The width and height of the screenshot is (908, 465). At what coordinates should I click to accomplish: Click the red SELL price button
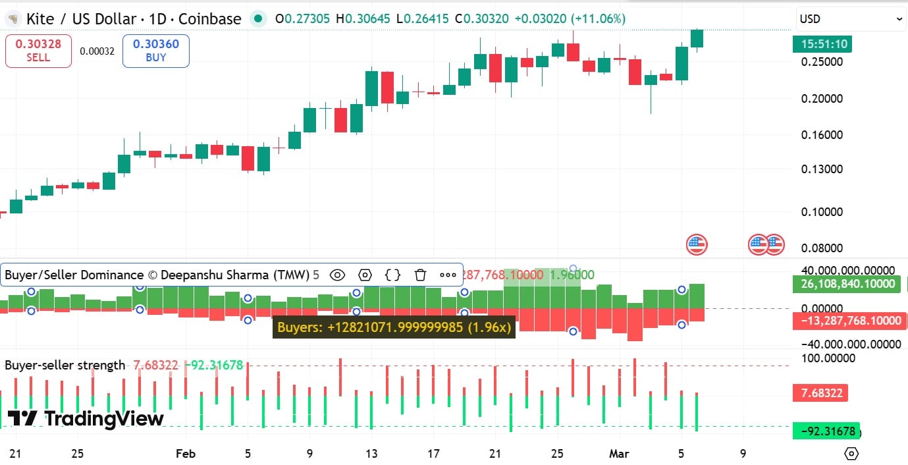pos(38,51)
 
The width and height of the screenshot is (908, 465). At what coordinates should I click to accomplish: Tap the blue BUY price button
pos(155,51)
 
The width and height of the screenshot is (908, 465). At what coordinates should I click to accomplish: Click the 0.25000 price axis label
pos(822,62)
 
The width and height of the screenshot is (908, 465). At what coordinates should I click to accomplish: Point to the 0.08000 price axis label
pos(822,248)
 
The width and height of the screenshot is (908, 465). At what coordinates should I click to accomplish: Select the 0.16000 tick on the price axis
pos(822,135)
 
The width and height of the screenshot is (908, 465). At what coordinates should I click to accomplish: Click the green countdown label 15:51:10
pos(822,45)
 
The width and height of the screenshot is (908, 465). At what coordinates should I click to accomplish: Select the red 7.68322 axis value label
pos(820,393)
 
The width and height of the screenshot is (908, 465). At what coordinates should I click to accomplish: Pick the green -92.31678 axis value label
pos(827,432)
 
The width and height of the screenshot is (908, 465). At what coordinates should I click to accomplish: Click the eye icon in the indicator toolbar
pos(337,275)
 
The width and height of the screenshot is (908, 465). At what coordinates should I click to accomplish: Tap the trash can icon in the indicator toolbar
pos(420,275)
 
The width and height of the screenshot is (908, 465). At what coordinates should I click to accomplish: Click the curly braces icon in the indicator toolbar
pos(392,275)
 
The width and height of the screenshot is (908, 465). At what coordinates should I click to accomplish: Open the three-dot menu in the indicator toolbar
pos(448,275)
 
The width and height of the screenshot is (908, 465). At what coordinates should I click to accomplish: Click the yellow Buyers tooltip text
pos(394,327)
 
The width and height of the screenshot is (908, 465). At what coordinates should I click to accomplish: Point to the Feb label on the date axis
pos(186,454)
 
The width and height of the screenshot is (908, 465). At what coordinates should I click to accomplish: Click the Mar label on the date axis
pos(619,454)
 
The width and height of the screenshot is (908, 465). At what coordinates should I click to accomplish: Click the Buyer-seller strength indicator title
pos(65,365)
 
